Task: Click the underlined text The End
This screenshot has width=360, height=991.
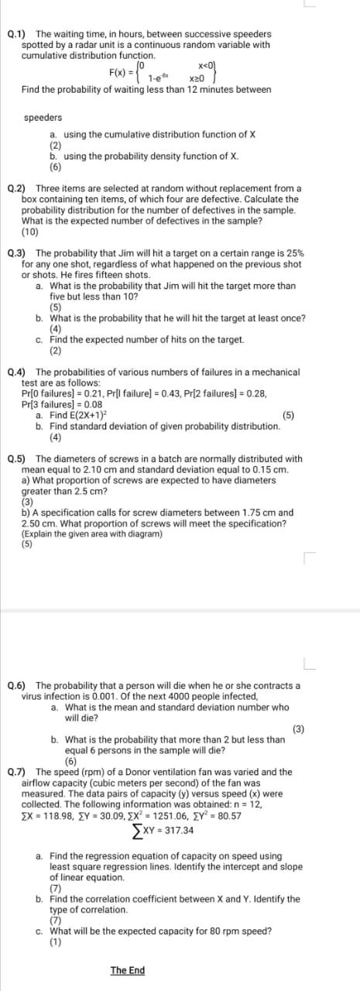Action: click(x=127, y=971)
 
